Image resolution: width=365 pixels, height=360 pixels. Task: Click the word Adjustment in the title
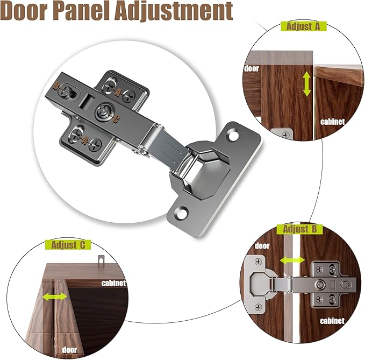(x=174, y=11)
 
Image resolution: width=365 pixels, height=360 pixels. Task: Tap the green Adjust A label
(x=304, y=26)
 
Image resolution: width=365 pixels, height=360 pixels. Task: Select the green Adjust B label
(x=299, y=229)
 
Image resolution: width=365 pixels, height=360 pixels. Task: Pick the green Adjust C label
(x=68, y=245)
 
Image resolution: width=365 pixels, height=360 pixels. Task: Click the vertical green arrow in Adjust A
(x=307, y=84)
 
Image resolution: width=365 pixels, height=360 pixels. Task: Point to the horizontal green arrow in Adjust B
(x=292, y=260)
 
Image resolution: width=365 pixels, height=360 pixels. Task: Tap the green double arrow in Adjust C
(x=55, y=297)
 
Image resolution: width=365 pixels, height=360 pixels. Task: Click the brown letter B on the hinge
(x=56, y=86)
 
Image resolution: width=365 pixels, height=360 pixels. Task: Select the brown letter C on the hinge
(x=116, y=120)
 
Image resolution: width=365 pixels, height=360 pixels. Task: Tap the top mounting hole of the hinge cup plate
(x=233, y=136)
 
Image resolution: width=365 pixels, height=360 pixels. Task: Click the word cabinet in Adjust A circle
(x=332, y=122)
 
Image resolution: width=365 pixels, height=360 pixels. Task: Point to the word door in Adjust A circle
(x=252, y=68)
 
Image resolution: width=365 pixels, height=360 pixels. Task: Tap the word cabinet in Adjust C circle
(x=113, y=283)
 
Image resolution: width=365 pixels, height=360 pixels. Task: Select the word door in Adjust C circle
(x=69, y=350)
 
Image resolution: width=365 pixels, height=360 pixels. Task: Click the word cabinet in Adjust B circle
(x=332, y=321)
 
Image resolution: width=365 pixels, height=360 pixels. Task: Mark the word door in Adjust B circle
(x=262, y=246)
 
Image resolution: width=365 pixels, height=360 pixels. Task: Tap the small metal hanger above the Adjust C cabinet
(x=101, y=259)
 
